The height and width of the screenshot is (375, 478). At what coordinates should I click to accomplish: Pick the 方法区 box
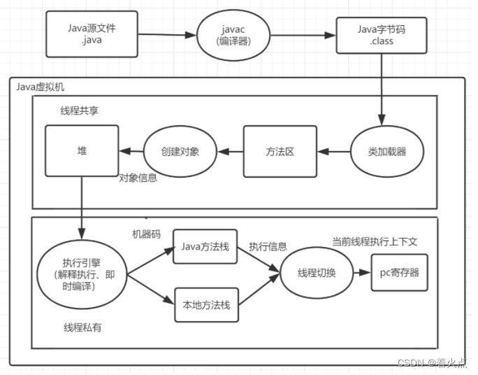(280, 151)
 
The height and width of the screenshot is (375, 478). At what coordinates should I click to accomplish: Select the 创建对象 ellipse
(180, 151)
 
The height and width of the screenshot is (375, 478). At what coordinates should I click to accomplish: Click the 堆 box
(82, 151)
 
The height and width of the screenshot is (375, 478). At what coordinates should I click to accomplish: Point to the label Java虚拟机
(41, 87)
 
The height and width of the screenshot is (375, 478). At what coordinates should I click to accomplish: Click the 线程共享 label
(80, 112)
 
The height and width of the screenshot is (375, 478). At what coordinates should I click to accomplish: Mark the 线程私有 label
(82, 327)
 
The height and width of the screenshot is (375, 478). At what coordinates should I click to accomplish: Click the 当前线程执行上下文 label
(375, 241)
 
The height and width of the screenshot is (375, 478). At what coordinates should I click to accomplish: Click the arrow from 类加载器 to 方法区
(334, 151)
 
